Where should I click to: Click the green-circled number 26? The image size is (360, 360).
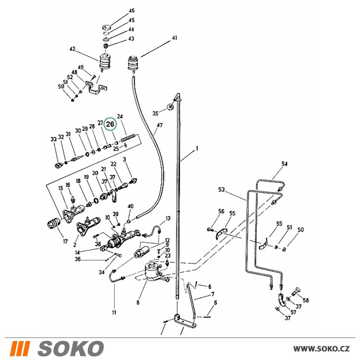110,124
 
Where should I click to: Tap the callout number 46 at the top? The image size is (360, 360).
131,10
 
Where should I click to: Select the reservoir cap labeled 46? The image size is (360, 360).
107,27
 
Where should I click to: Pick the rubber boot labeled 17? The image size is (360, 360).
53,223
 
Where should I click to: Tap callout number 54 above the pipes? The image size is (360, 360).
284,164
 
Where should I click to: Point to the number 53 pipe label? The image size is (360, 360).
221,190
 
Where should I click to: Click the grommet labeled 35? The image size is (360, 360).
170,107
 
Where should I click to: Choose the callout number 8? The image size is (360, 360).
138,303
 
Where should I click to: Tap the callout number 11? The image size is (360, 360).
114,312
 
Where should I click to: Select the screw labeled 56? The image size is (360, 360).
210,229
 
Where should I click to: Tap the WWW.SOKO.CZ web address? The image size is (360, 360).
321,348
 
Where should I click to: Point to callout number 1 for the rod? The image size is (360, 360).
197,149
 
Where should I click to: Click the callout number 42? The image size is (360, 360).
73,49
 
